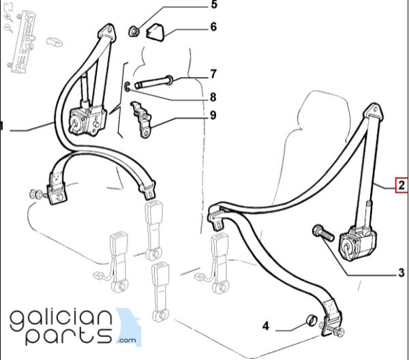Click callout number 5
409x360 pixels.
point(214,5)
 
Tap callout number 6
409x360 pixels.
point(213,27)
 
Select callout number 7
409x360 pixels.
point(213,74)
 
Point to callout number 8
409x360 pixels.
point(213,97)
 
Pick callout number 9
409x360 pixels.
point(213,115)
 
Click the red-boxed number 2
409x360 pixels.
point(402,185)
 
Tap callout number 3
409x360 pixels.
point(402,273)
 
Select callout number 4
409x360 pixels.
point(266,326)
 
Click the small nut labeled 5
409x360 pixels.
point(134,31)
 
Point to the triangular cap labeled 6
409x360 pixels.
point(156,32)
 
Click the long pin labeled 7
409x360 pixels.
point(153,82)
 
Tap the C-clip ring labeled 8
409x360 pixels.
point(127,87)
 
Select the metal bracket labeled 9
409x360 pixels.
point(141,119)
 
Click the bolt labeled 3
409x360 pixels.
point(323,233)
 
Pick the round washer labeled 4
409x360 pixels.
point(311,320)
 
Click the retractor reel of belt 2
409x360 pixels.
point(357,243)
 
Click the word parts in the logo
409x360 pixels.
point(69,336)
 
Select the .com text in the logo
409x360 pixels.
point(127,340)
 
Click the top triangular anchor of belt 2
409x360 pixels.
point(374,112)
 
